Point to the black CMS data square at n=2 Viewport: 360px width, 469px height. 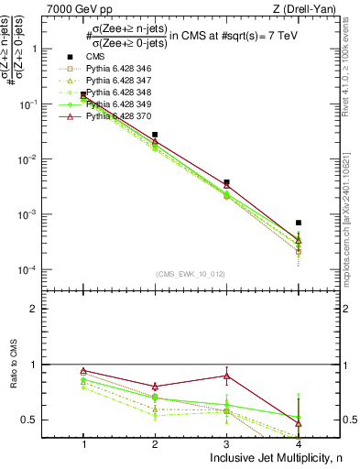(x=155, y=135)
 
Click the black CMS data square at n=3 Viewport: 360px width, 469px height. (x=226, y=182)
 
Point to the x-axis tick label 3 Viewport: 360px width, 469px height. (x=226, y=444)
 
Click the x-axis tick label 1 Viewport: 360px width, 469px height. (x=83, y=444)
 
